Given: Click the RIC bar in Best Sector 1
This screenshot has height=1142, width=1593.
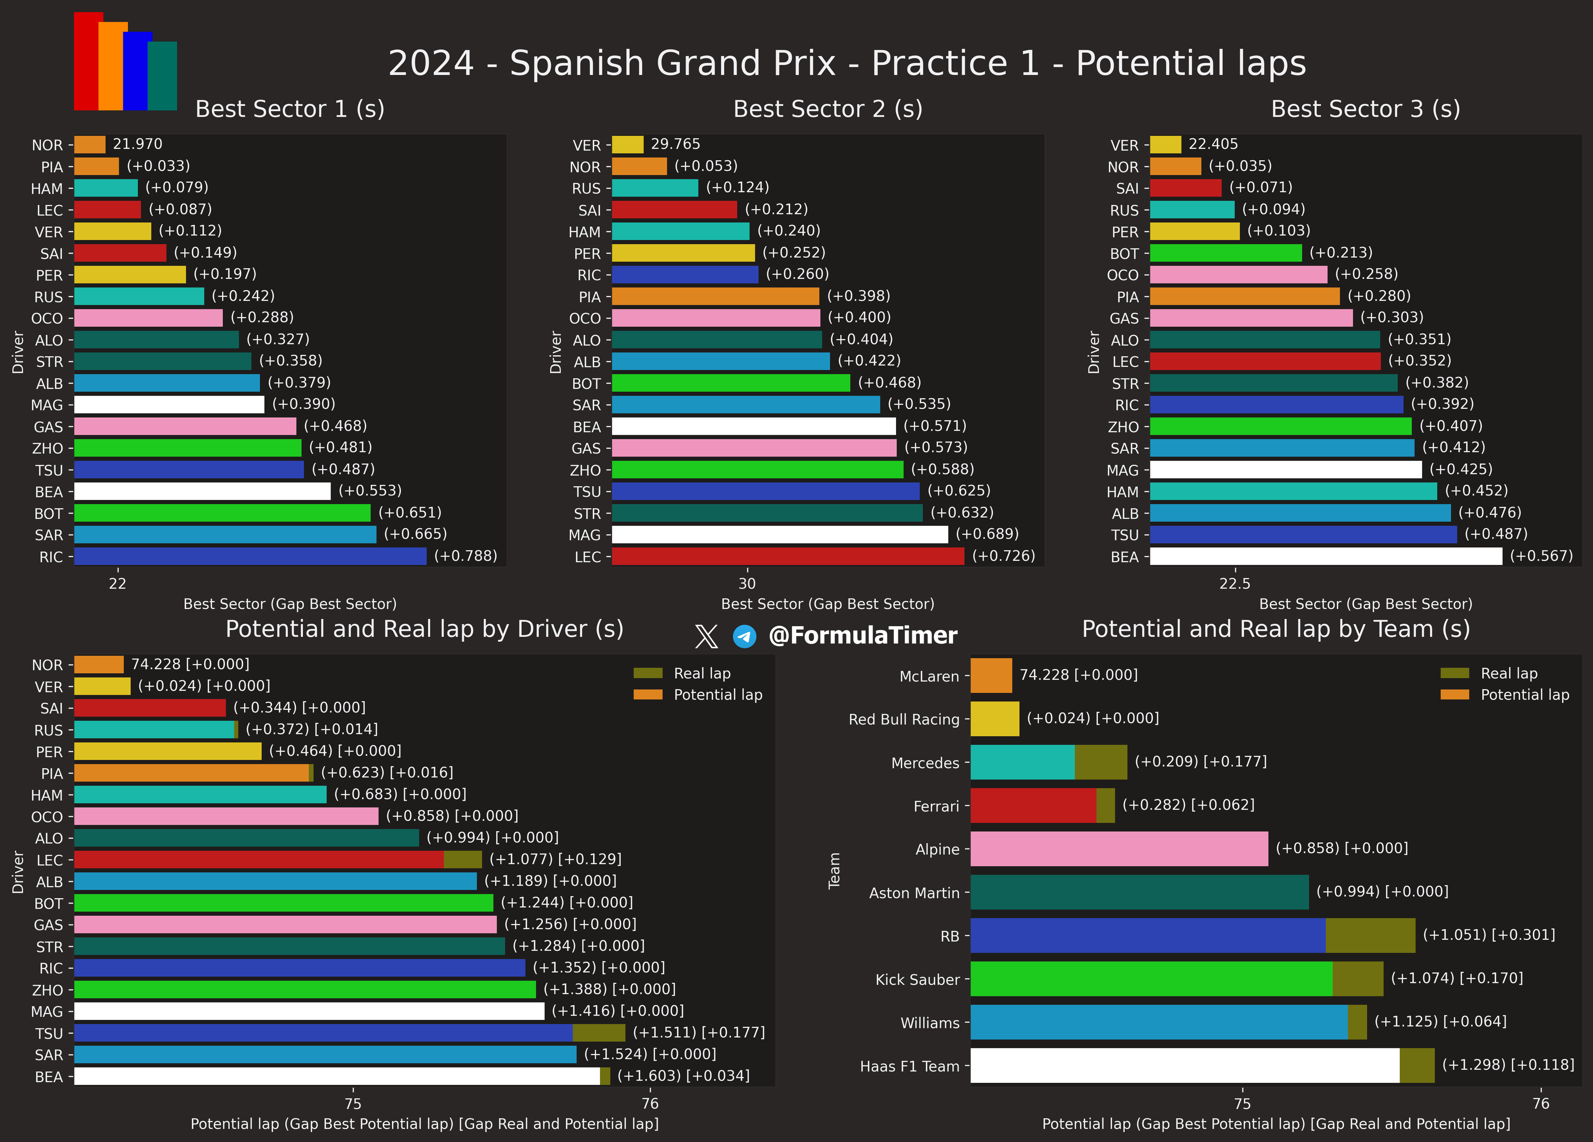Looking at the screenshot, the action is coord(250,556).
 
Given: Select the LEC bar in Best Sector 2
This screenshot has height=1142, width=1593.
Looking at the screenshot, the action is coord(788,556).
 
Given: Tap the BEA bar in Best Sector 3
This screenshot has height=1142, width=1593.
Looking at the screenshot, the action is coord(1326,556).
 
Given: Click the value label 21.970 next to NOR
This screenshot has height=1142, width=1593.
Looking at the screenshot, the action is coord(138,144).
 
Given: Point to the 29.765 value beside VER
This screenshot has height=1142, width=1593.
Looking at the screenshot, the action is coord(676,144).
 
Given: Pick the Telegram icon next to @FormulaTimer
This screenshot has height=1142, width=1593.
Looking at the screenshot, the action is coord(744,636).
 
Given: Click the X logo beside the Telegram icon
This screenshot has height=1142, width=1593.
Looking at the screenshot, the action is coord(707,636).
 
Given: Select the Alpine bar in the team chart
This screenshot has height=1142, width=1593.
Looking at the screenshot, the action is coord(1120,848).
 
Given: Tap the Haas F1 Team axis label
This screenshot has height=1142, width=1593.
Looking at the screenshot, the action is coord(910,1066).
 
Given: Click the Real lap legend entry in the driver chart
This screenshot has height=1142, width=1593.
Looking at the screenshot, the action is coord(682,674).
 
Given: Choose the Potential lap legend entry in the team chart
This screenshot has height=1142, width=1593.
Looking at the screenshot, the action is coord(1504,695).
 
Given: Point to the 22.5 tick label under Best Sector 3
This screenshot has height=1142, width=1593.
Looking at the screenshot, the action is coord(1235,584).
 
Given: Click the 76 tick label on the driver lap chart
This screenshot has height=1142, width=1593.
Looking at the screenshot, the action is coord(650,1103).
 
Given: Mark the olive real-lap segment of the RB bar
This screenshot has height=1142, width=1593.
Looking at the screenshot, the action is coord(1370,935).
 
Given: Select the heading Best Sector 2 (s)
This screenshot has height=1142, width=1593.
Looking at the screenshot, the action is coord(828,109).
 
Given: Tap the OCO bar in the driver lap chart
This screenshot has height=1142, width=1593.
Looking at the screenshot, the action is coord(226,816).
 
